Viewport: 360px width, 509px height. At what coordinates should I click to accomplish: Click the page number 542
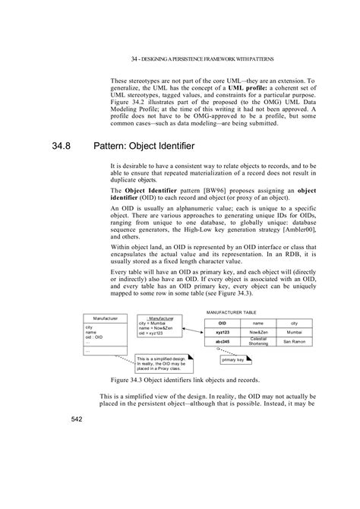click(77, 419)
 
